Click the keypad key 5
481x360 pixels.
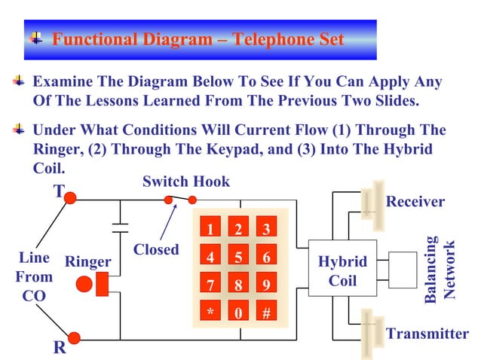[238, 257]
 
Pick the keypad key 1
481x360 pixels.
[210, 229]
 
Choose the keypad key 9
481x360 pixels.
[266, 285]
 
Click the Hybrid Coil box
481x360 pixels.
[342, 271]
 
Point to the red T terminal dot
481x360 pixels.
[70, 198]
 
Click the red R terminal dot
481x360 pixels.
[72, 337]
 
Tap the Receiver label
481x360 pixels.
[415, 202]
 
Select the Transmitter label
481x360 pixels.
[427, 334]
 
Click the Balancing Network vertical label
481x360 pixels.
[440, 270]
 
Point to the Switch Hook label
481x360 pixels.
[185, 182]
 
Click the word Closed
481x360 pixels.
[155, 249]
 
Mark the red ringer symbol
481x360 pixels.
[93, 285]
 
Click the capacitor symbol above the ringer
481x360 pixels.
[119, 227]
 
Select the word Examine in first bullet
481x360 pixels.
[63, 82]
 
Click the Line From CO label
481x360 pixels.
[34, 276]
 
